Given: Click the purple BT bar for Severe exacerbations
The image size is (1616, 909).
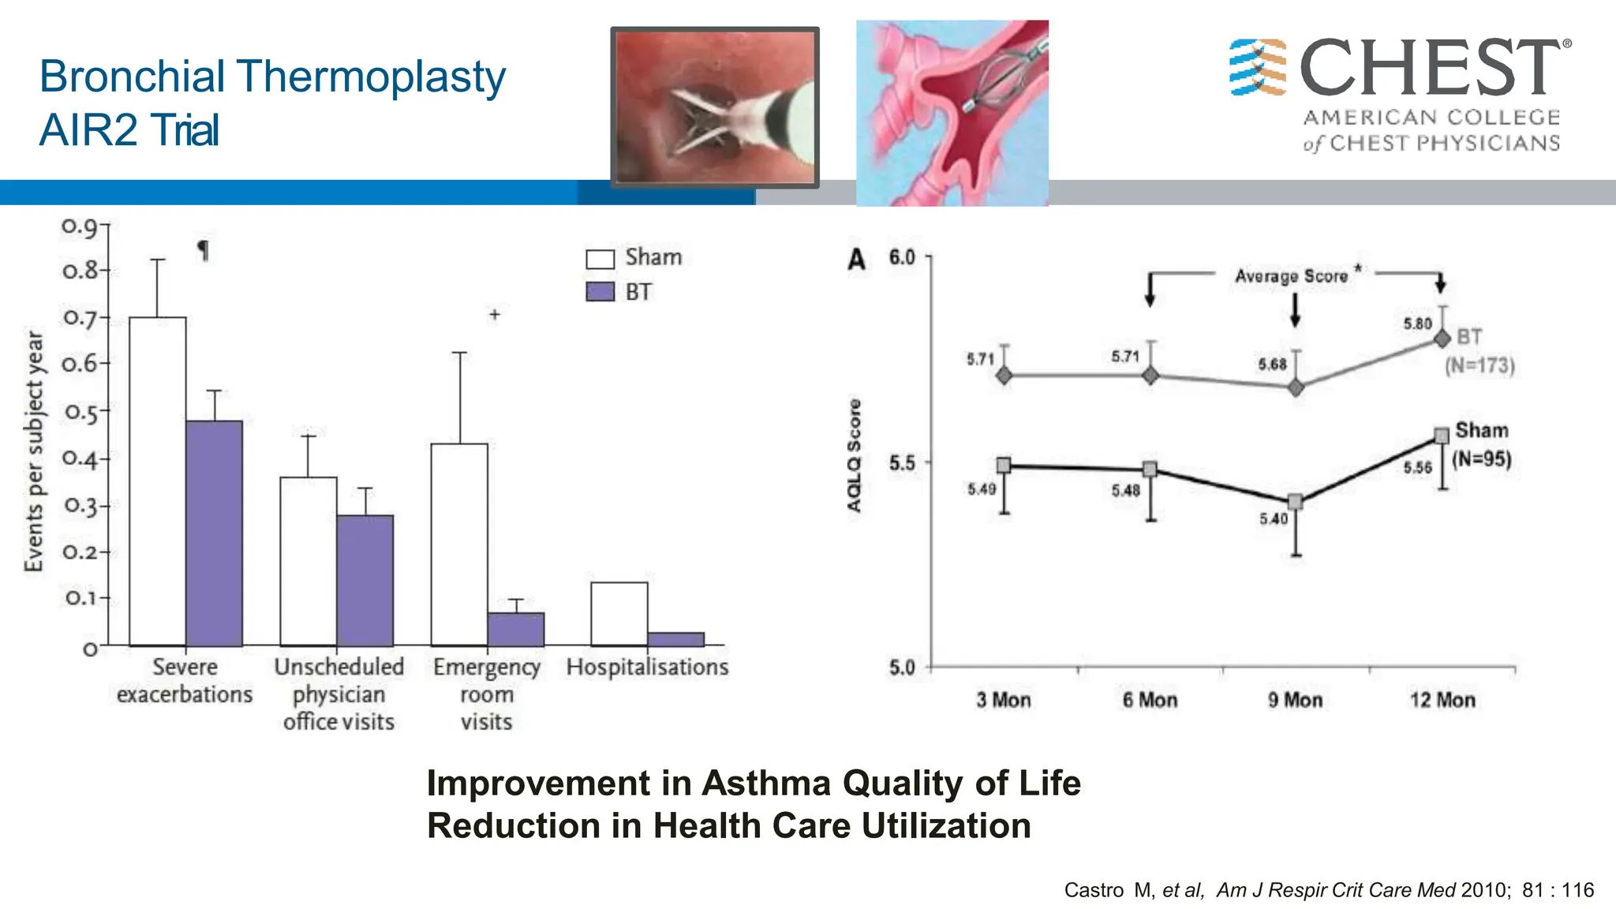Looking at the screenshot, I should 214,533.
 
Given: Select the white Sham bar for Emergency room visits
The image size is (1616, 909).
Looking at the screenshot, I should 459,544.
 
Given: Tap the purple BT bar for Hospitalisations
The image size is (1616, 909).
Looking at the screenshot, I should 675,639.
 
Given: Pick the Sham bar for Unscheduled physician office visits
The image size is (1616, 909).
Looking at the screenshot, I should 309,560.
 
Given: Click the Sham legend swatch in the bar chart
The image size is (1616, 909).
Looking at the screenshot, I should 600,259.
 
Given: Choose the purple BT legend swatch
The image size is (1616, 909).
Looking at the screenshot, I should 600,292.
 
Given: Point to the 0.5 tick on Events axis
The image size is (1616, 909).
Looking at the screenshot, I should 81,412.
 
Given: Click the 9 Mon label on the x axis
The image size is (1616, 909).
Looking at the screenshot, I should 1295,700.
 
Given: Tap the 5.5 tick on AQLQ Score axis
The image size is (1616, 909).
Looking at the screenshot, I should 903,463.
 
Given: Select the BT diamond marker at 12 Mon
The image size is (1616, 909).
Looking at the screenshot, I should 1442,339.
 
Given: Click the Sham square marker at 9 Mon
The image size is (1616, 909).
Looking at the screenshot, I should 1295,502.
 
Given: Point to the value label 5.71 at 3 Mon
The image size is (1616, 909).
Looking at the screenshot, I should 981,359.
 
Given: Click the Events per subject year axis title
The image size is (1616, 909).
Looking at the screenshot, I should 34,451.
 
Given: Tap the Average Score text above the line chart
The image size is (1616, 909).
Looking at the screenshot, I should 1291,276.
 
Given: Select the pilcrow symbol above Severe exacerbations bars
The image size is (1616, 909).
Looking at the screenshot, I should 203,251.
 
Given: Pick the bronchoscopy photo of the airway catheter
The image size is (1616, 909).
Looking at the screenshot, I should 715,107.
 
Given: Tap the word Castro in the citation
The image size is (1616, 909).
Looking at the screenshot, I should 1094,890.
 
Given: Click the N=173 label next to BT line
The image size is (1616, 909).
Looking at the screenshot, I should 1479,366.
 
